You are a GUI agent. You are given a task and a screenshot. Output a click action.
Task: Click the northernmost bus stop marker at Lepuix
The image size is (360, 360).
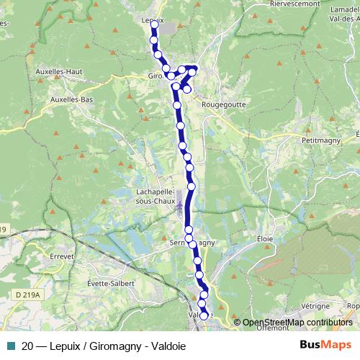pyautogui.click(x=154, y=24)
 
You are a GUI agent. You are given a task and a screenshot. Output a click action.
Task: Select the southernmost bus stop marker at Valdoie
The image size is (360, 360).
pyautogui.click(x=204, y=315)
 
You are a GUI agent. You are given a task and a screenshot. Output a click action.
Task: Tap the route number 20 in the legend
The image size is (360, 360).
pyautogui.click(x=28, y=346)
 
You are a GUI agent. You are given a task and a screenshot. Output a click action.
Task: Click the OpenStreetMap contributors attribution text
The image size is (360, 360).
pyautogui.click(x=297, y=323)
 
